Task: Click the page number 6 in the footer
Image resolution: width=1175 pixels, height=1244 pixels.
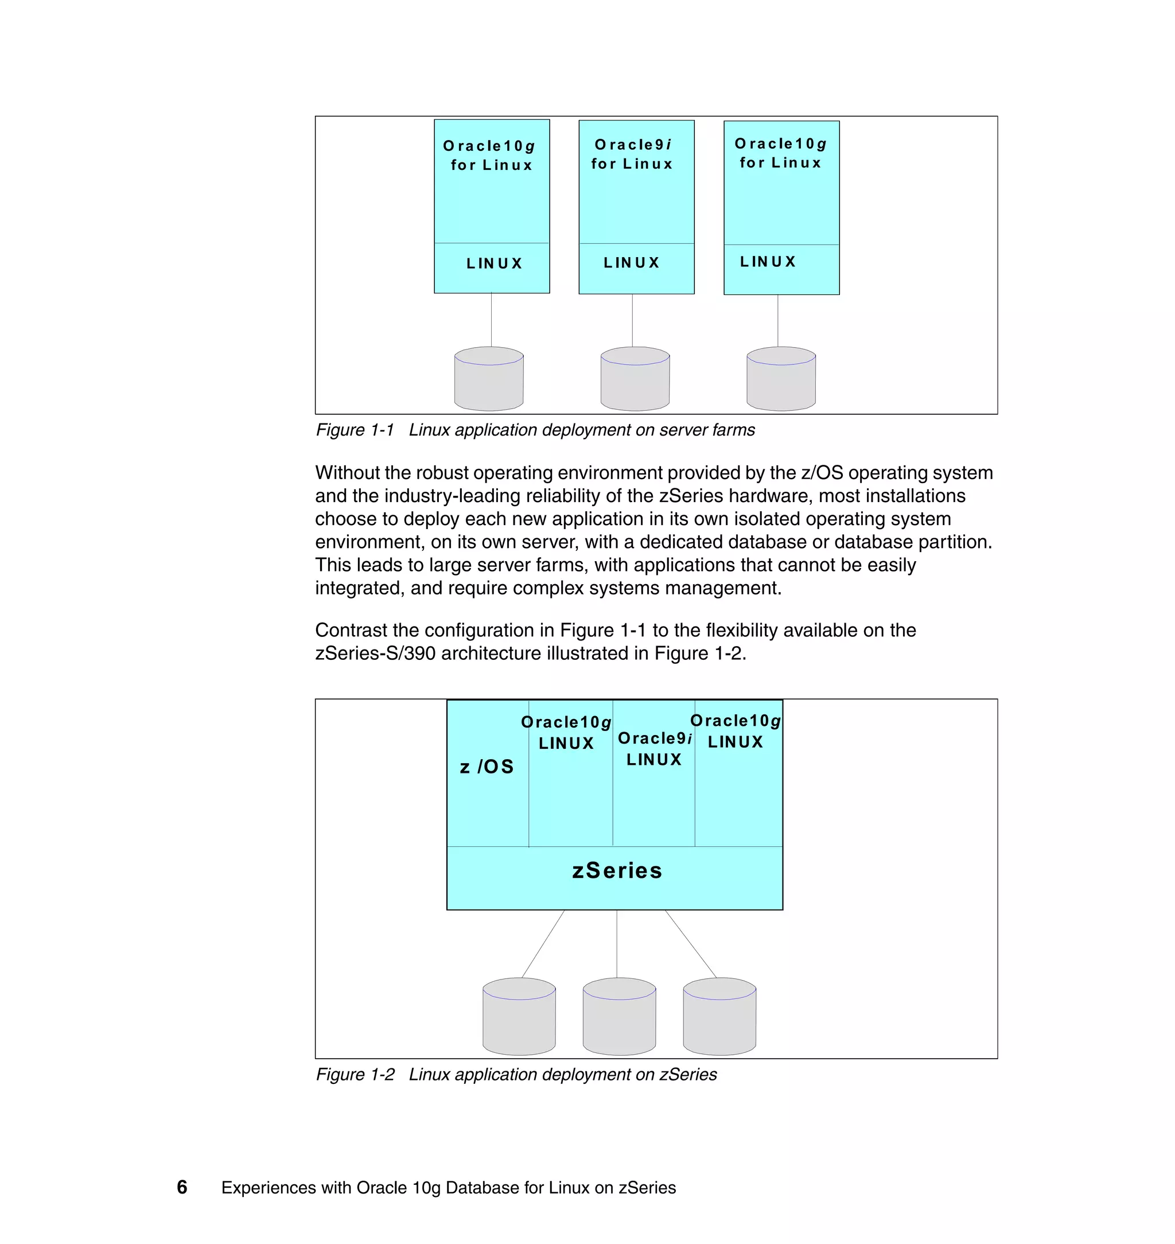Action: click(182, 1187)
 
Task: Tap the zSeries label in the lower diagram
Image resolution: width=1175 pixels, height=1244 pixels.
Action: click(617, 870)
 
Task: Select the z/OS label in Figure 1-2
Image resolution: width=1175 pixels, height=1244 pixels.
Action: click(487, 767)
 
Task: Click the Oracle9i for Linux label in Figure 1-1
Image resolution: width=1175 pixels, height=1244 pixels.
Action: click(633, 154)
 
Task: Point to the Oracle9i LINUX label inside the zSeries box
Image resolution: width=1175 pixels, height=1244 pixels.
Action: click(655, 749)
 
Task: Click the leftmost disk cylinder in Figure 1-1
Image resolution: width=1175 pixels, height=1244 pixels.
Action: click(489, 379)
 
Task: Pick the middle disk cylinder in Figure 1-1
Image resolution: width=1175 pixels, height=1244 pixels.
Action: click(635, 379)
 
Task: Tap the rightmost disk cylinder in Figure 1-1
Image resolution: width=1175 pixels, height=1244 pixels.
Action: click(781, 379)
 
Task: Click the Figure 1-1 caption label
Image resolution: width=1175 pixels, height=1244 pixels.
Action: click(355, 430)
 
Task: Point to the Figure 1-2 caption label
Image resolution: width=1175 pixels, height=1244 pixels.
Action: click(355, 1075)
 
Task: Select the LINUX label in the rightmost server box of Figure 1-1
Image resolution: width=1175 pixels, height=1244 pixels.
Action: click(768, 262)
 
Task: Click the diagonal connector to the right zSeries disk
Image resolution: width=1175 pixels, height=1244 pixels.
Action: click(690, 943)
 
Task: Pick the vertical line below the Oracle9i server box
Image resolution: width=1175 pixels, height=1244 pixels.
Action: click(632, 320)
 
